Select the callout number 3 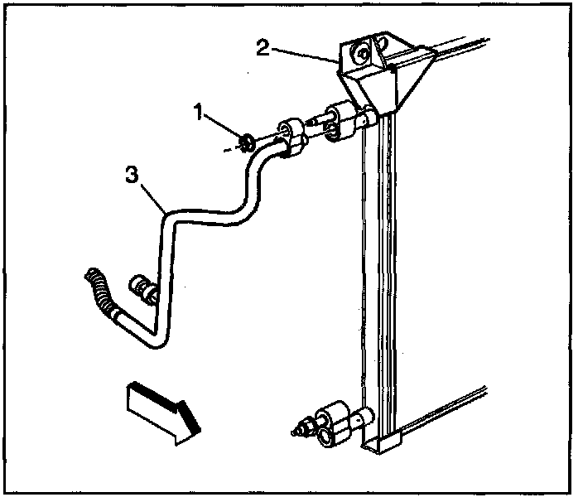(x=131, y=175)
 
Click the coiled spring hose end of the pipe (x=97, y=290)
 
